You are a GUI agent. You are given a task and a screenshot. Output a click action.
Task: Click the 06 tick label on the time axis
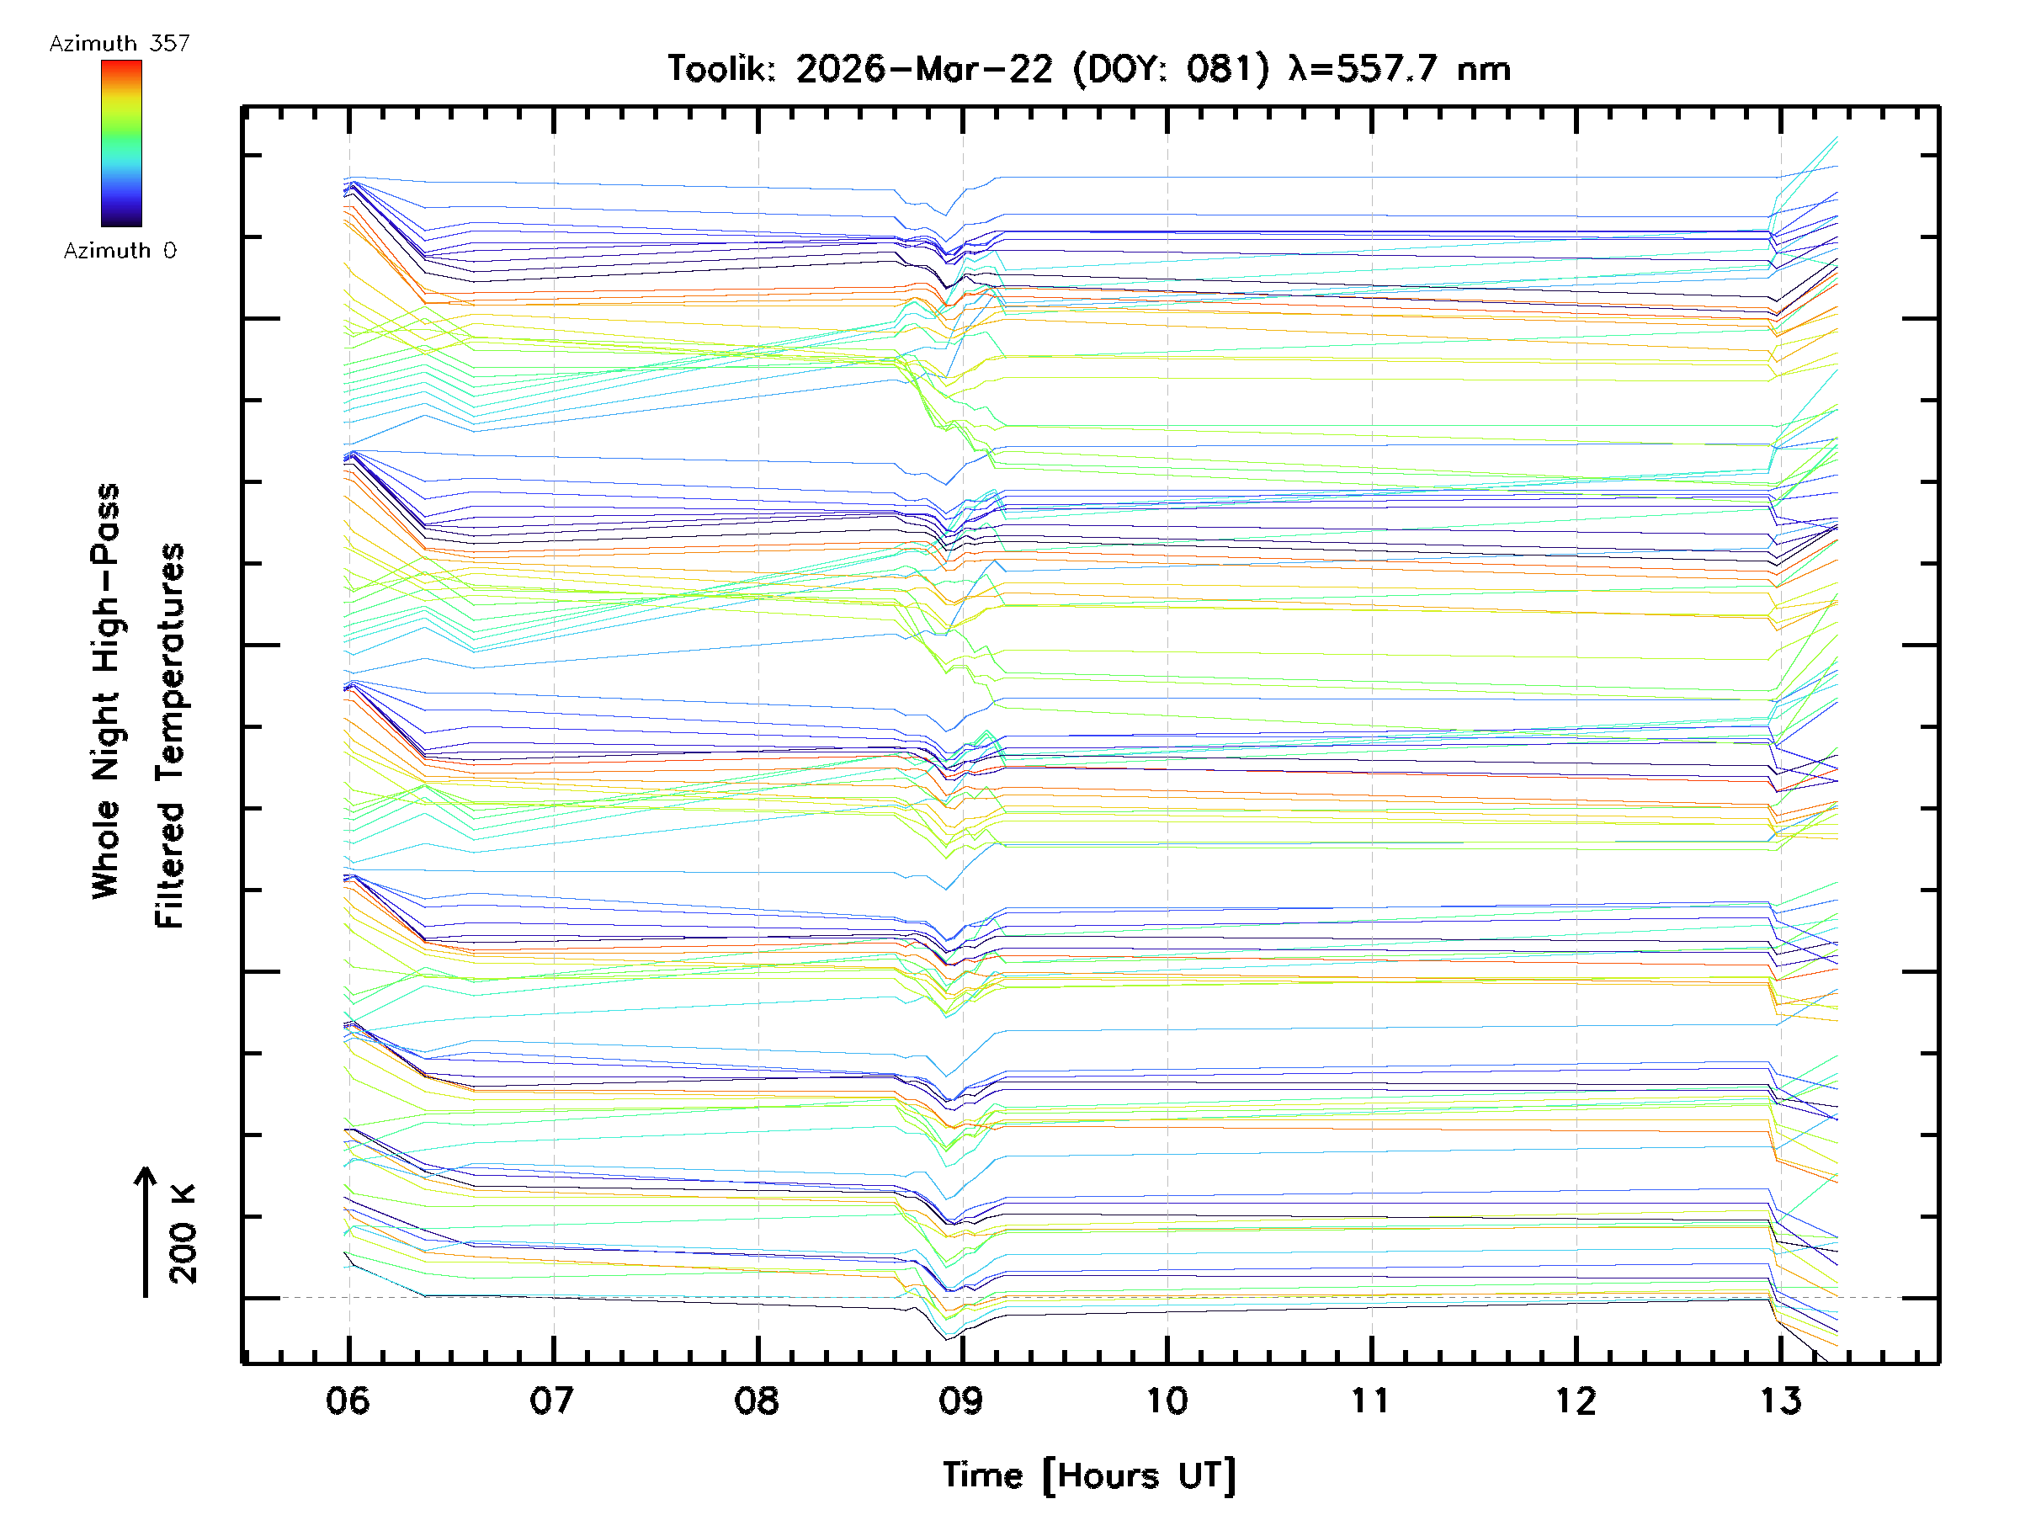[x=348, y=1400]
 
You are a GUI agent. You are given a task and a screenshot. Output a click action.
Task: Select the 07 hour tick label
[x=552, y=1400]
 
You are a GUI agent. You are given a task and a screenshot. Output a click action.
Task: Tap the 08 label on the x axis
[x=757, y=1400]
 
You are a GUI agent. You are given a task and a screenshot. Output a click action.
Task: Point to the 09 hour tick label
[x=961, y=1400]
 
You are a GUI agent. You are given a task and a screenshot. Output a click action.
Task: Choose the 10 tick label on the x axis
[x=1167, y=1400]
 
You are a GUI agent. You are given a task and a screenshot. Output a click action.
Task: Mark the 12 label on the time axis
[x=1576, y=1400]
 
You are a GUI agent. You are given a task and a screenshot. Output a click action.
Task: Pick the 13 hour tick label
[x=1780, y=1400]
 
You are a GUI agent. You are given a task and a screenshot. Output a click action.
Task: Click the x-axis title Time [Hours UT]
[x=1088, y=1475]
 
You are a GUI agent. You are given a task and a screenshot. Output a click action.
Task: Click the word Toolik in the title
[x=720, y=68]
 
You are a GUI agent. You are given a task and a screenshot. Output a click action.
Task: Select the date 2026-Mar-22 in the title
[x=924, y=68]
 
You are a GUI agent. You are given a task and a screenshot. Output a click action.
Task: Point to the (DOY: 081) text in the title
[x=1171, y=68]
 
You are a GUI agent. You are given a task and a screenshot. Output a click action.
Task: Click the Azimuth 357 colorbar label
[x=120, y=44]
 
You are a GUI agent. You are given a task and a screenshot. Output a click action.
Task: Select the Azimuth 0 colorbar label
[x=120, y=250]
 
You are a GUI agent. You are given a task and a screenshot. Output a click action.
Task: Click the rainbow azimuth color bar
[x=121, y=143]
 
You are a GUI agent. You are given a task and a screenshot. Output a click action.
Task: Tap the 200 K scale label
[x=183, y=1234]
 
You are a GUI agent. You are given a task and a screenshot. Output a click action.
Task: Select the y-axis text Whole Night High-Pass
[x=106, y=690]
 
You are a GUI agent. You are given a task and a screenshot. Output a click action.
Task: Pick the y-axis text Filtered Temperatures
[x=170, y=735]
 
